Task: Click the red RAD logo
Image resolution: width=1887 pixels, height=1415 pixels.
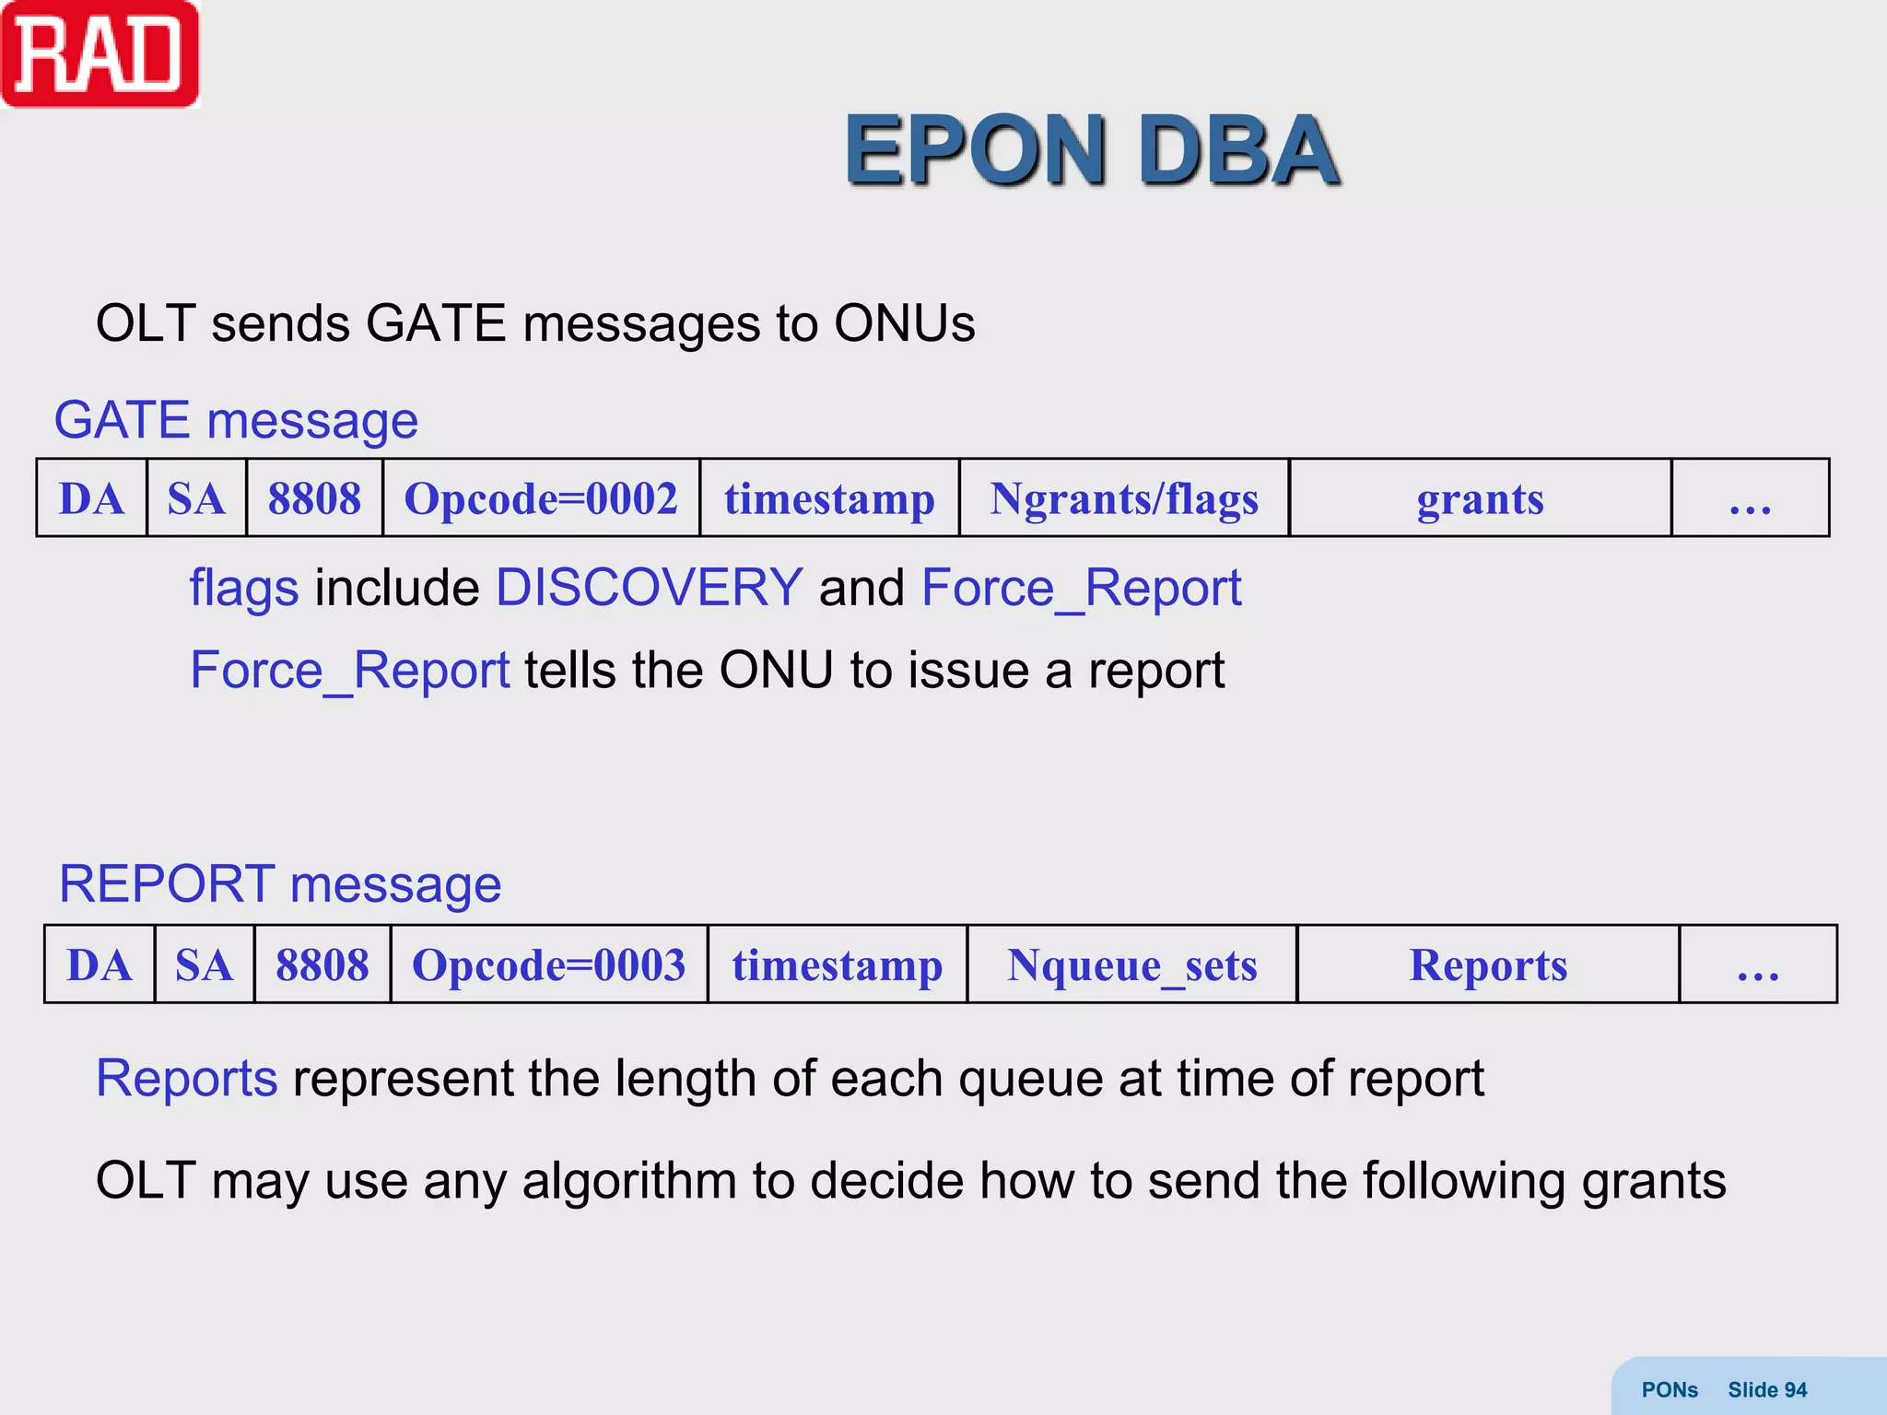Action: coord(100,54)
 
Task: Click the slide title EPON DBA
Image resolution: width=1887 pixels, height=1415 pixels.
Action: coord(1091,150)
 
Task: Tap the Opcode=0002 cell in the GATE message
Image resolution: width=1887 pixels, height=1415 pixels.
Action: coord(541,498)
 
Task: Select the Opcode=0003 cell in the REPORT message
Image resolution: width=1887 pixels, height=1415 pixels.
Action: coord(549,965)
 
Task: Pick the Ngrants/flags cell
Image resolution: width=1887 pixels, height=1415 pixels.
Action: coord(1124,498)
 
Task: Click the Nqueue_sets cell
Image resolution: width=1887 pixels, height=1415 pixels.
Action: coord(1132,965)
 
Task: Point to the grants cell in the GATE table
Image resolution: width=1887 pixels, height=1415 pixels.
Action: coord(1480,498)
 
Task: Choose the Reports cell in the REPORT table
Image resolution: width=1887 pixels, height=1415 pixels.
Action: coord(1488,965)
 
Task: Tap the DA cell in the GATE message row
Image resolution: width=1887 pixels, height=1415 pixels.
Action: coord(91,498)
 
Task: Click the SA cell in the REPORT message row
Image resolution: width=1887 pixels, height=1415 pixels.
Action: coord(204,965)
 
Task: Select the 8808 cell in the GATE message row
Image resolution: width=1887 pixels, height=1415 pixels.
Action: coord(314,498)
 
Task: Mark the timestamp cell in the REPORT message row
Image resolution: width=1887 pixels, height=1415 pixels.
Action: coord(838,965)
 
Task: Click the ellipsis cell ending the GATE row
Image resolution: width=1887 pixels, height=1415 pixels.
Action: coord(1750,498)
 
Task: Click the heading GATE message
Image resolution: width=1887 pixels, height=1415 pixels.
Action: coord(236,420)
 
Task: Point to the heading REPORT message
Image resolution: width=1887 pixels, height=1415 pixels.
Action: coord(280,883)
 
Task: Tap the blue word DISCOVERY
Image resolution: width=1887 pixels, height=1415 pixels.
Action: coord(649,587)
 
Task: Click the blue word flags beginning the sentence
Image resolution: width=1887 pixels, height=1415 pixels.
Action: coord(243,588)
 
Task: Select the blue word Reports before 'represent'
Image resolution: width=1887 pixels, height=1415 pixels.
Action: coord(186,1078)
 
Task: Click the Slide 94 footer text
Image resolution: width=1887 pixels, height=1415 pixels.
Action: coord(1766,1389)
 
